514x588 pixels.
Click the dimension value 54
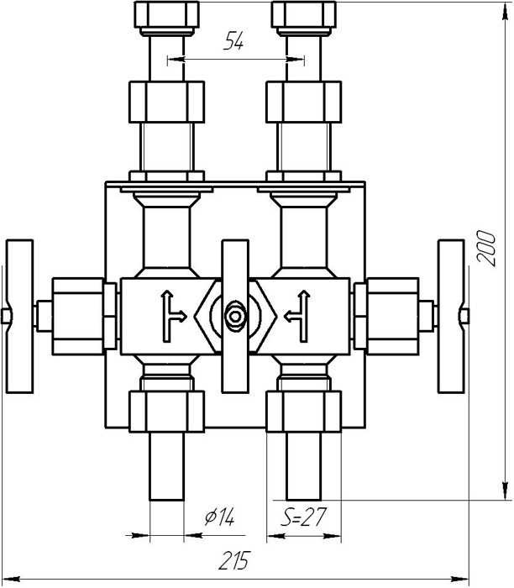pos(233,41)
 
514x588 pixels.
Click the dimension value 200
pos(486,249)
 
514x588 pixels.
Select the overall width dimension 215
pos(234,560)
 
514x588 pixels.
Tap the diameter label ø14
pos(220,517)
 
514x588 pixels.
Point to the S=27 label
pos(304,517)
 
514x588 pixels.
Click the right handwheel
pos(451,317)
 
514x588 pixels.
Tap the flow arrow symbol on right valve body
pos(297,317)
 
